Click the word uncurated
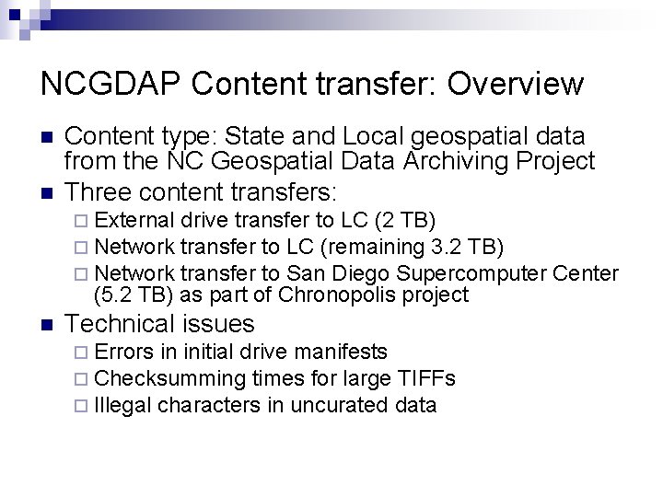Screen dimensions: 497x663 339,406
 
